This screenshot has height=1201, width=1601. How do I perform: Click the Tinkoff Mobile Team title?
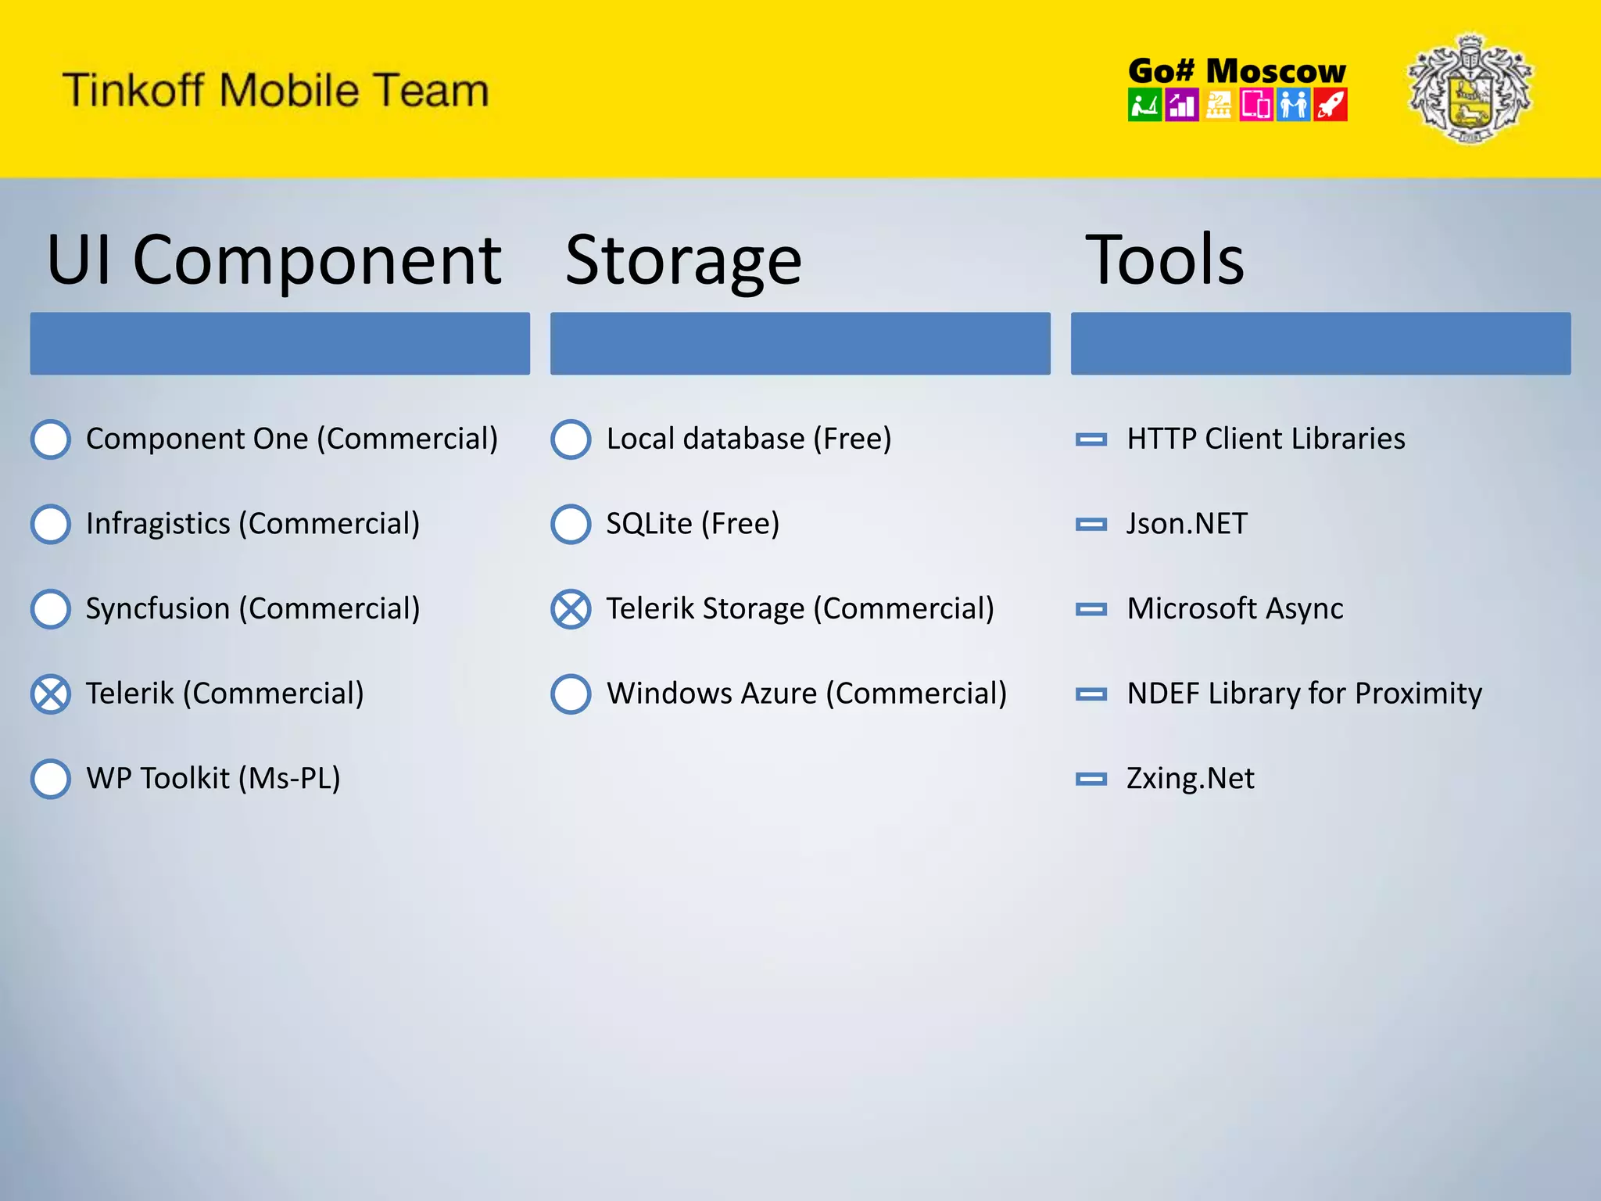(x=275, y=90)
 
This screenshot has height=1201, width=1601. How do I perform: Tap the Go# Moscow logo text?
(x=1237, y=71)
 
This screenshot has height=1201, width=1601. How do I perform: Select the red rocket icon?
(x=1331, y=105)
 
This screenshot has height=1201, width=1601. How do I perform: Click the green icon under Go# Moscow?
(x=1144, y=105)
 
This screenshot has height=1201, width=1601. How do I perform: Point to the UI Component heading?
(x=274, y=260)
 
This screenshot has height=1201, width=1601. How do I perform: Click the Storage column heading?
(x=683, y=260)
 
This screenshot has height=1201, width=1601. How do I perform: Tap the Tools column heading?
(x=1164, y=260)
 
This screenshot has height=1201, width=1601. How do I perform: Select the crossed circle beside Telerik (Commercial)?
(x=51, y=694)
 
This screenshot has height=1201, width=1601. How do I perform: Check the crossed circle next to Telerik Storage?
(x=571, y=609)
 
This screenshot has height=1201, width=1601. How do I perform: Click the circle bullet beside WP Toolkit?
(x=51, y=779)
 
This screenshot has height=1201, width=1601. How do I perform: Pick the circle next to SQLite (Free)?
(x=571, y=524)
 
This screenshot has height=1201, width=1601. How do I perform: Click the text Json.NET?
(x=1187, y=524)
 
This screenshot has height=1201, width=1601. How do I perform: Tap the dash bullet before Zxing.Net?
(x=1091, y=779)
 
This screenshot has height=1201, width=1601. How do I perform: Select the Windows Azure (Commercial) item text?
(x=806, y=694)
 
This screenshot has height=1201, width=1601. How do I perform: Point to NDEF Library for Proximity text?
(x=1304, y=694)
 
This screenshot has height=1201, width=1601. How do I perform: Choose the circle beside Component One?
(x=51, y=439)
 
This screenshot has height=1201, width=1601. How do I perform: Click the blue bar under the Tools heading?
(x=1320, y=343)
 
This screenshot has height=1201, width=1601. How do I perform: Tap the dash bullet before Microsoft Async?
(x=1091, y=609)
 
